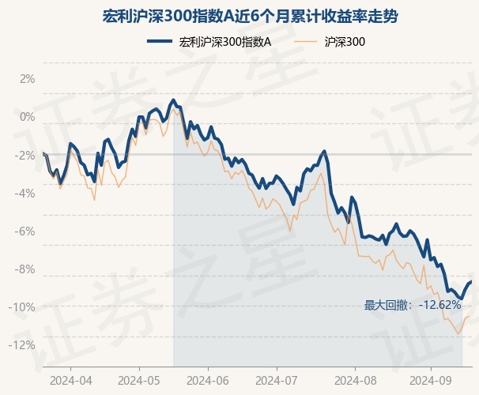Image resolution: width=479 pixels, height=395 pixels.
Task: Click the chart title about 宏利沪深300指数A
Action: coord(239,16)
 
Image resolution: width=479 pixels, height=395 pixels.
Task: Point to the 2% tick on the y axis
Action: coord(28,79)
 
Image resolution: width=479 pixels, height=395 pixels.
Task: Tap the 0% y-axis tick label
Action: coord(28,117)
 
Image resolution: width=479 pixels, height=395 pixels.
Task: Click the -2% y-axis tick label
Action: coord(25,155)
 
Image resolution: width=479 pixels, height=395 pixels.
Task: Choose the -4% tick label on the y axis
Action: coord(25,193)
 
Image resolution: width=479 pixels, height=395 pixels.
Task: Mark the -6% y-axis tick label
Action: coord(25,231)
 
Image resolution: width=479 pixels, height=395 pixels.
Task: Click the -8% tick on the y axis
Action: coord(25,269)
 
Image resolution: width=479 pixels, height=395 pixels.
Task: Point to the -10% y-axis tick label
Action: coord(24,307)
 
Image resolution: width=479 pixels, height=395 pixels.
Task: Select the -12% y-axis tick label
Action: coord(24,344)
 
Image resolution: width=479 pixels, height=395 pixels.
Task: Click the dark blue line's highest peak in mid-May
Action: coord(173,100)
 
